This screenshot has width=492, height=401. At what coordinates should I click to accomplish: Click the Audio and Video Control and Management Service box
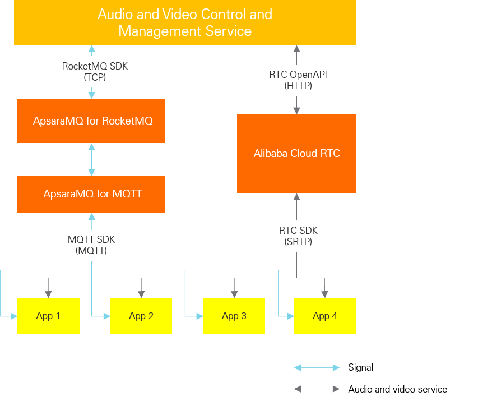[x=185, y=22]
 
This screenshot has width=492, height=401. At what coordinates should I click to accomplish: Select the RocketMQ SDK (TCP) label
[x=95, y=72]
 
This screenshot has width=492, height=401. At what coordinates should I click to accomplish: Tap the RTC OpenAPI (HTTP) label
[x=298, y=80]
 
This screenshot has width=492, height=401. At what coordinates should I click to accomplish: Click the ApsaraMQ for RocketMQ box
[x=91, y=121]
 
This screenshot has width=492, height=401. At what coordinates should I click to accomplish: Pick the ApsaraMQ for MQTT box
[x=91, y=194]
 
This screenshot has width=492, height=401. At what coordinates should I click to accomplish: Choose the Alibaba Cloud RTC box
[x=296, y=153]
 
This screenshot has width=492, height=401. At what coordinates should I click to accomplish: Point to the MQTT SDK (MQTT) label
[x=91, y=245]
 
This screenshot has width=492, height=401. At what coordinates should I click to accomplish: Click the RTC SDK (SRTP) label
[x=298, y=236]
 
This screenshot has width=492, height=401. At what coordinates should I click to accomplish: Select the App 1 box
[x=48, y=316]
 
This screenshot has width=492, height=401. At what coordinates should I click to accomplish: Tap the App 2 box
[x=141, y=316]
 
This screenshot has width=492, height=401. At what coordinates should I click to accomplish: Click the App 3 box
[x=234, y=316]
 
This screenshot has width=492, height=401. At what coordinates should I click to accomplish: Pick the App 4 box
[x=324, y=316]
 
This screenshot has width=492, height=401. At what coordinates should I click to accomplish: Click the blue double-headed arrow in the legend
[x=317, y=367]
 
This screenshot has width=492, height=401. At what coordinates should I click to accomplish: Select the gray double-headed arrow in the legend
[x=317, y=389]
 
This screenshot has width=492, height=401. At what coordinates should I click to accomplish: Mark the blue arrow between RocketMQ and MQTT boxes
[x=91, y=159]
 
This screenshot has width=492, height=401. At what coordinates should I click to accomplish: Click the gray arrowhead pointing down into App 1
[x=49, y=293]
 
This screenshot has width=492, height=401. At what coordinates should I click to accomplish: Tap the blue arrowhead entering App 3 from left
[x=198, y=316]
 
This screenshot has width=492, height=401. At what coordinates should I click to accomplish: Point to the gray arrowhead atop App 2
[x=141, y=293]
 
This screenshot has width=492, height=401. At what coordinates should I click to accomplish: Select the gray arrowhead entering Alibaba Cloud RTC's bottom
[x=296, y=197]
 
